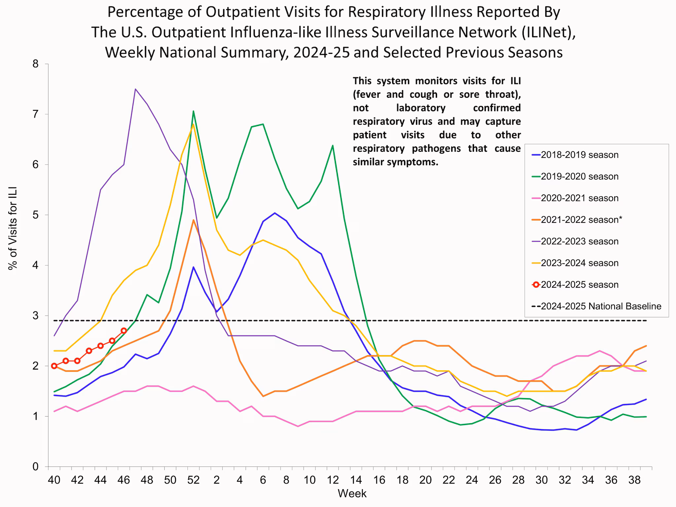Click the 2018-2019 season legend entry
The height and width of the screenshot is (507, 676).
coord(579,155)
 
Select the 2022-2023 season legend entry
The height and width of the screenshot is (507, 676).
coord(579,241)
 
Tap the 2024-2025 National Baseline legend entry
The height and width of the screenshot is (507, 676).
coord(600,306)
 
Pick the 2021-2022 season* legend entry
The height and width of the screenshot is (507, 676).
coord(581,220)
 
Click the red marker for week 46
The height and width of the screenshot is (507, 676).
coord(124,330)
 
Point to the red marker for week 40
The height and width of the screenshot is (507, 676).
coord(54,366)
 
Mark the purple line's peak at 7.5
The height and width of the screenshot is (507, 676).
coord(135,89)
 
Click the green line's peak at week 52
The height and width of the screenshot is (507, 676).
coord(193,111)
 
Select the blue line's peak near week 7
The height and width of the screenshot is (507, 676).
coord(275,213)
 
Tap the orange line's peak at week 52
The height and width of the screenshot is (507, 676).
coord(193,220)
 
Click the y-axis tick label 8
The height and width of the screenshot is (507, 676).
coord(36,64)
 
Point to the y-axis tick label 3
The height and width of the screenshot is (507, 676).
coord(36,316)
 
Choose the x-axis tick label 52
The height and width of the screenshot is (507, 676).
coord(193,480)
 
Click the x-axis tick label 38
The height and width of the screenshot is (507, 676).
coord(634,480)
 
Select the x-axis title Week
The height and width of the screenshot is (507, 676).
coord(352,493)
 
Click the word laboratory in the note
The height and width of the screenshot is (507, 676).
coord(421,108)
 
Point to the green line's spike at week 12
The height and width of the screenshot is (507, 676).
coord(332,145)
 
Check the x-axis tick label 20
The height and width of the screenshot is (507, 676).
coord(425,480)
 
